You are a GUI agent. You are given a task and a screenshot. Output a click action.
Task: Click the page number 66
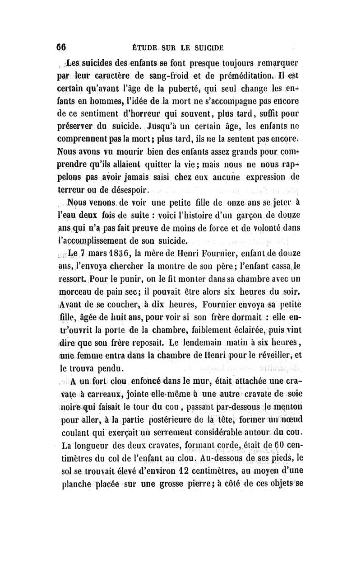(x=61, y=47)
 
